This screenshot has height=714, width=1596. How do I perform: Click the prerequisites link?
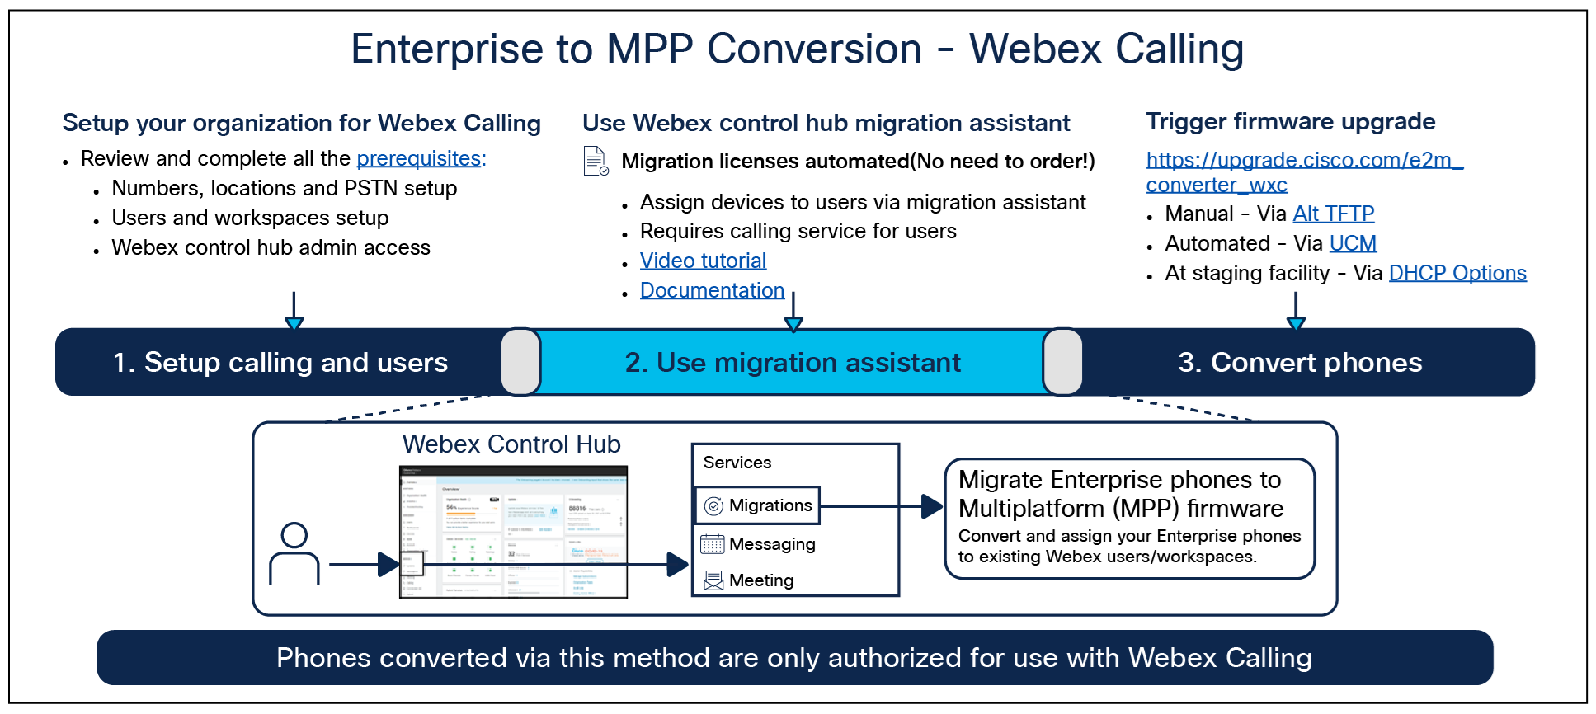click(x=421, y=158)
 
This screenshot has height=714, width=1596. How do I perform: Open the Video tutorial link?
click(x=704, y=261)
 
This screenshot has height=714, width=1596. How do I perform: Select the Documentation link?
click(x=712, y=290)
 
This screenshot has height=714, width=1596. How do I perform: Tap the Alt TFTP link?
click(x=1334, y=214)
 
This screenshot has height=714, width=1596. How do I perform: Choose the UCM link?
click(x=1353, y=243)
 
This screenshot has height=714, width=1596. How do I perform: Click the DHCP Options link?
click(x=1457, y=273)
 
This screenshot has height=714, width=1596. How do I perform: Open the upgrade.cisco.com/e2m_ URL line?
click(x=1304, y=160)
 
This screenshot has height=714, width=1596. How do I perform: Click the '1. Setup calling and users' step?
click(x=280, y=363)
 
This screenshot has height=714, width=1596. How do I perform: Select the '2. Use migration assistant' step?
click(x=793, y=363)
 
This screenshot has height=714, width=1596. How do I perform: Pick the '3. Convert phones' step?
click(x=1300, y=363)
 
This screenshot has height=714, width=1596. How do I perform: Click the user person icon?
click(x=294, y=554)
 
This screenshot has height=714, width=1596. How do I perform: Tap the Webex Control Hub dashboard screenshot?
click(x=514, y=532)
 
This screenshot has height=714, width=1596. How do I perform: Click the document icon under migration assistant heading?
click(x=596, y=161)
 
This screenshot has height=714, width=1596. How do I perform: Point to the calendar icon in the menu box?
click(x=713, y=544)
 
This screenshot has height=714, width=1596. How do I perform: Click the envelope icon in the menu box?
click(x=714, y=581)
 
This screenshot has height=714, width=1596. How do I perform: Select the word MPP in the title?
click(x=649, y=49)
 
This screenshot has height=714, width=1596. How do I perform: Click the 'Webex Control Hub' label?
click(x=511, y=444)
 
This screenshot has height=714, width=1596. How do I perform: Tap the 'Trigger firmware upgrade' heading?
click(x=1291, y=122)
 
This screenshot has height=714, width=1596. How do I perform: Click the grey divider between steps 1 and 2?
click(x=520, y=362)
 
